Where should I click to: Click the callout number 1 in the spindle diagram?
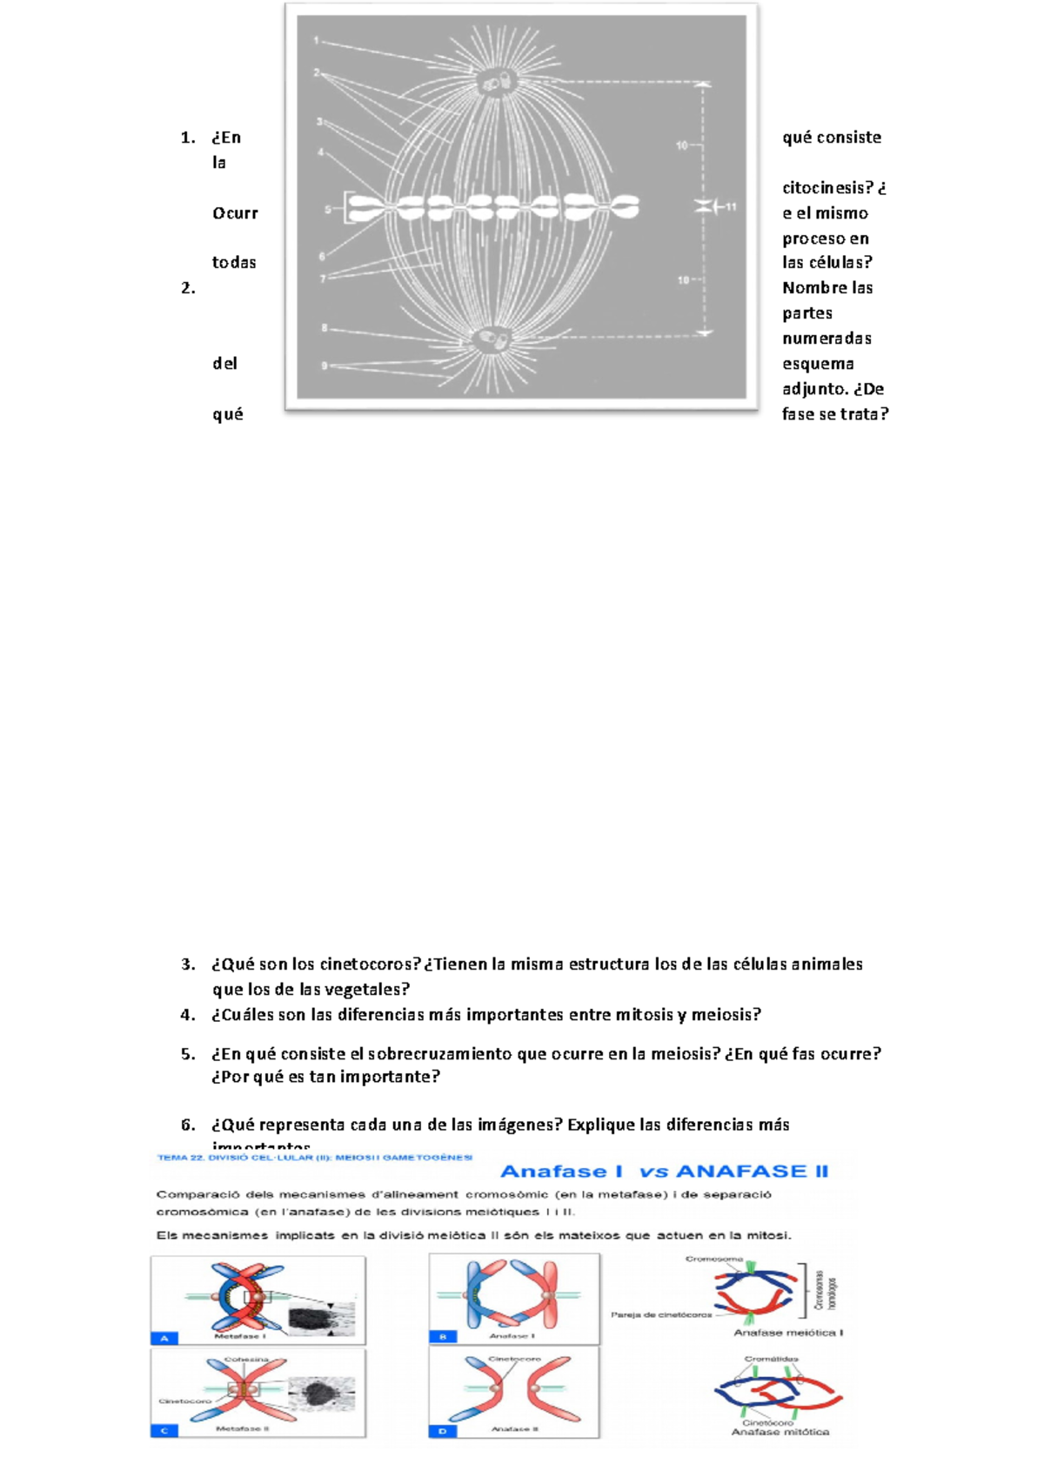tap(317, 41)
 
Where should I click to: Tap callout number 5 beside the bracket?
tap(328, 209)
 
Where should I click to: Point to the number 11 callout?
tap(731, 207)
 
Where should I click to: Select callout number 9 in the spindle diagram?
tap(325, 366)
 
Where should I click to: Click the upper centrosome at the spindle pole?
tap(497, 82)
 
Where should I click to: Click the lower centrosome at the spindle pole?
tap(496, 338)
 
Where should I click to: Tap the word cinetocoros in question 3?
tap(370, 964)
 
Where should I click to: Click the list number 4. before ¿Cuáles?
tap(188, 1015)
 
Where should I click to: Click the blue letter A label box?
tap(164, 1338)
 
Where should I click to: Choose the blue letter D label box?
tap(442, 1431)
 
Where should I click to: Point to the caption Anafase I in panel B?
tap(512, 1335)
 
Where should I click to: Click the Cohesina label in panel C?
tap(246, 1359)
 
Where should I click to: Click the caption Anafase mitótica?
tap(780, 1432)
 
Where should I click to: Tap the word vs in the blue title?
tap(652, 1172)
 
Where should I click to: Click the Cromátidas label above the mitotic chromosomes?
tap(771, 1359)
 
